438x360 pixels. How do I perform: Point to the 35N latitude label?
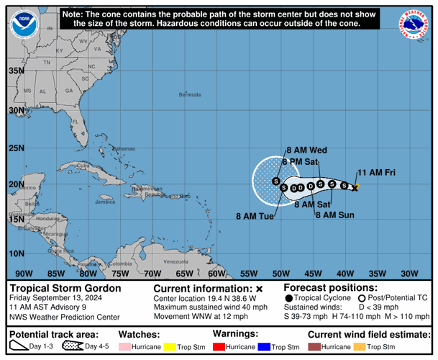pos(16,71)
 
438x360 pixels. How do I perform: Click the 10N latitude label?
pos(16,253)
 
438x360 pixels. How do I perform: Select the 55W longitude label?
pos(249,273)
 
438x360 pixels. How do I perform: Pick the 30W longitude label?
pos(409,273)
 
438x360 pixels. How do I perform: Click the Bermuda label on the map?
pos(190,94)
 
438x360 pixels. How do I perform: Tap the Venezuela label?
pos(175,261)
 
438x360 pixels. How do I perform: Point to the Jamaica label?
pos(104,202)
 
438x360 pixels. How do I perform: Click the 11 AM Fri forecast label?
pos(377,172)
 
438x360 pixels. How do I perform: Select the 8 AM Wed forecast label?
pos(307,150)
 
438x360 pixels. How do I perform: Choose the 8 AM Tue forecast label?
pos(254,216)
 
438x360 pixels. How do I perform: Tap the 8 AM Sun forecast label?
pos(335,215)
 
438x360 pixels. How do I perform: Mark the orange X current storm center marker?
pos(355,187)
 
